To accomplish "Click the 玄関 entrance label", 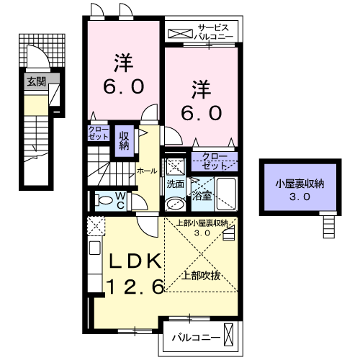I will pos(36,82).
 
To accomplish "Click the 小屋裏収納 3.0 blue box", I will pos(294,189).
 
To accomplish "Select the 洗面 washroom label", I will pos(176,184).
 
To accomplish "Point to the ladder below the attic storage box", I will pos(328,226).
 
